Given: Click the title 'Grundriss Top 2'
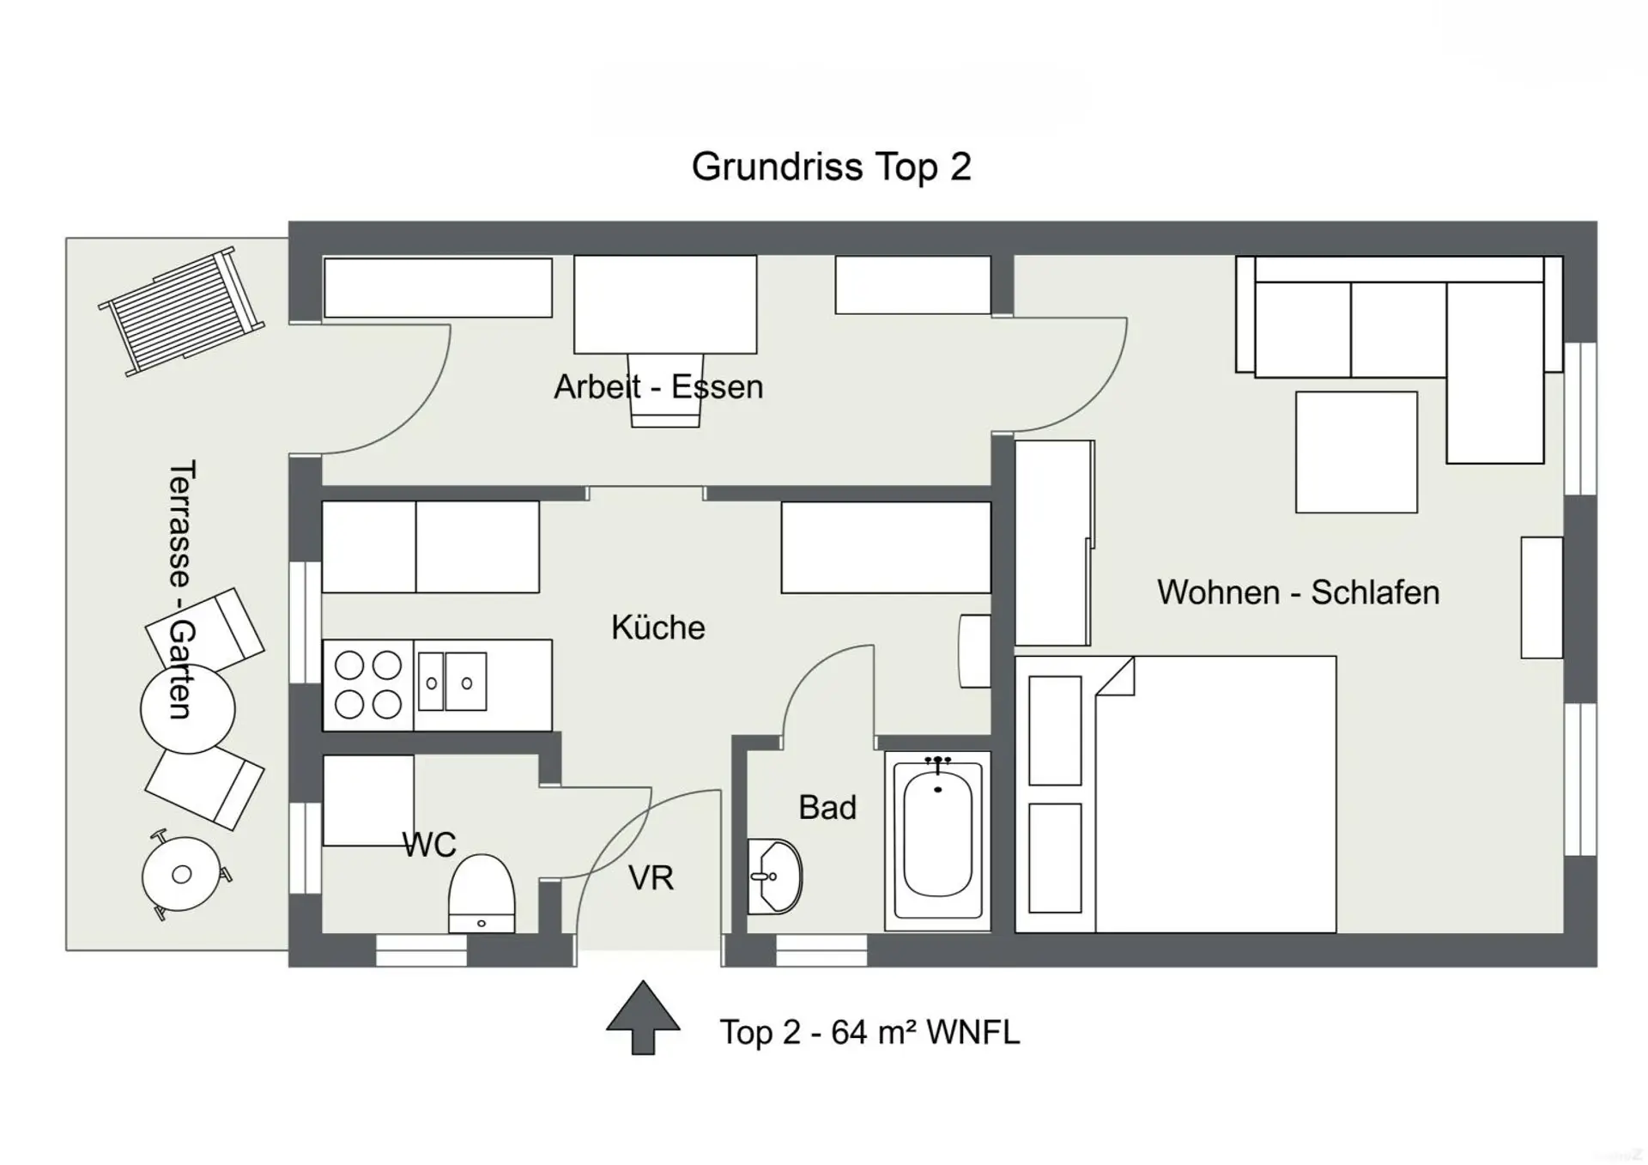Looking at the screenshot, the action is [831, 167].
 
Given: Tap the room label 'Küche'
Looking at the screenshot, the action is [658, 628].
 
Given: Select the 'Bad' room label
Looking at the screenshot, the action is [827, 808].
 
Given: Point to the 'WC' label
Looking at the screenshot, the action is [429, 845].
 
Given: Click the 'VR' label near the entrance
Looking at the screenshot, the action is [651, 878].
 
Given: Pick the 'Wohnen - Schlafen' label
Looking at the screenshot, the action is [1298, 592].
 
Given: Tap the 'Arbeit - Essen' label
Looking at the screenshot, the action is [658, 387].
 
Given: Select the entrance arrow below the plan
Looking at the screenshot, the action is [643, 1017].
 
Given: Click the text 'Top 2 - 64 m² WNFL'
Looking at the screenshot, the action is [869, 1032].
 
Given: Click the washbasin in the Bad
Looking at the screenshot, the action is [774, 877].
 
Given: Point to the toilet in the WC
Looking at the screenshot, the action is [482, 894].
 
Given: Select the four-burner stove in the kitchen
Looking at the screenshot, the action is [368, 685].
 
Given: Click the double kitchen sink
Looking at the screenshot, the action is [452, 682].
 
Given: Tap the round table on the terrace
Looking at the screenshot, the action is [187, 709].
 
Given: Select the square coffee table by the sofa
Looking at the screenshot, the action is [1356, 452].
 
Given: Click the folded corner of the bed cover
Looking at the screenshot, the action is [1117, 677].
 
